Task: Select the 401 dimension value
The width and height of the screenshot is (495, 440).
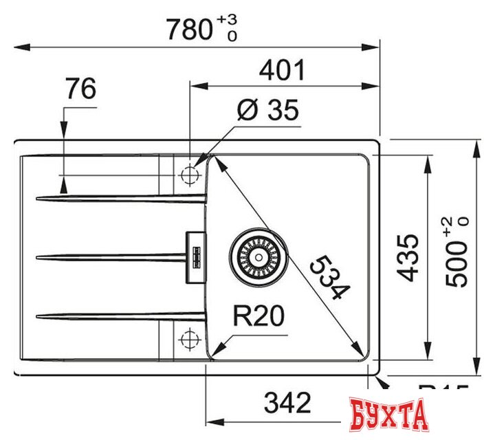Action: pyautogui.click(x=281, y=70)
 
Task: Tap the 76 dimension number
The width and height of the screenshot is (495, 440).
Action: pyautogui.click(x=80, y=89)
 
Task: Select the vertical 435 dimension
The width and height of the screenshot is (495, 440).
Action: pyautogui.click(x=408, y=257)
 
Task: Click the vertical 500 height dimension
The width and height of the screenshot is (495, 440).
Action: pyautogui.click(x=456, y=260)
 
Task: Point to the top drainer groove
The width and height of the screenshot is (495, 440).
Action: pyautogui.click(x=120, y=199)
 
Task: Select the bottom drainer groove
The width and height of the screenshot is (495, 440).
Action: pyautogui.click(x=120, y=316)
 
